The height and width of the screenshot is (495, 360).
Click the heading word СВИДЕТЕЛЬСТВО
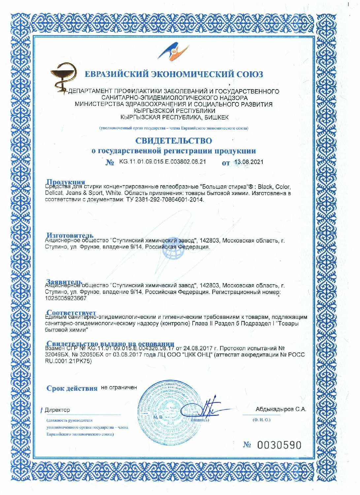(x=174, y=141)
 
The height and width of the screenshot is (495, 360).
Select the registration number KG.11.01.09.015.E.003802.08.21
(x=162, y=162)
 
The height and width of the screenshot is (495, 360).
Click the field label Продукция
(x=66, y=182)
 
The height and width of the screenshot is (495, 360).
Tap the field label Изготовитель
(x=70, y=235)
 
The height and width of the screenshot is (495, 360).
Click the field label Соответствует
(x=71, y=312)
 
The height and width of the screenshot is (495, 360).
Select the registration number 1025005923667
(x=66, y=298)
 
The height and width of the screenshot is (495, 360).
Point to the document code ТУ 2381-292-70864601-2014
(x=165, y=200)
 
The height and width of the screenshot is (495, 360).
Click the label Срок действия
(x=72, y=388)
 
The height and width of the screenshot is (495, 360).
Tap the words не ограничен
(x=119, y=387)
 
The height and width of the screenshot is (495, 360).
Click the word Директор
(x=57, y=410)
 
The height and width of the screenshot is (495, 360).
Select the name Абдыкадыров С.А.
(x=280, y=409)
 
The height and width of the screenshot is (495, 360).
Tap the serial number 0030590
(x=279, y=445)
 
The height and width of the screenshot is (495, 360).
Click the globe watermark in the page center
(x=173, y=253)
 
